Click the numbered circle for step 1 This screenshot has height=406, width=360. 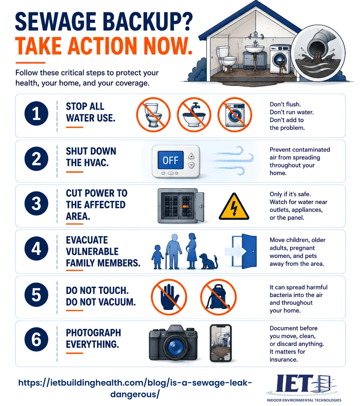pos(36,114)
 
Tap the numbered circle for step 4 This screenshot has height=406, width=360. pos(36,248)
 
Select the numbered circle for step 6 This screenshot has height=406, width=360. pos(36,339)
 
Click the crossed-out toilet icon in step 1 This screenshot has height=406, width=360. pos(153,115)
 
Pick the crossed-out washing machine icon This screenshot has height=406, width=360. pos(235,115)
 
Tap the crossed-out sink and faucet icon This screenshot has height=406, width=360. pos(194,115)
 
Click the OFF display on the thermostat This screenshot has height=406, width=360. pos(171,160)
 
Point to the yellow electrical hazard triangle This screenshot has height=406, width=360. pos(234,207)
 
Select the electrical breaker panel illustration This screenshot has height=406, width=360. pos(181,206)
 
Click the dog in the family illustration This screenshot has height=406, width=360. pos(208,262)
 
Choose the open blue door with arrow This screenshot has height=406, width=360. pos(241,251)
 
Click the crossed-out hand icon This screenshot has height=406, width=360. pos(169,297)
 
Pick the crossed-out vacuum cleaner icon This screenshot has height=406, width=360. pos(218,297)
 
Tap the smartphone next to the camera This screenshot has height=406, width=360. pos(221,343)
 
